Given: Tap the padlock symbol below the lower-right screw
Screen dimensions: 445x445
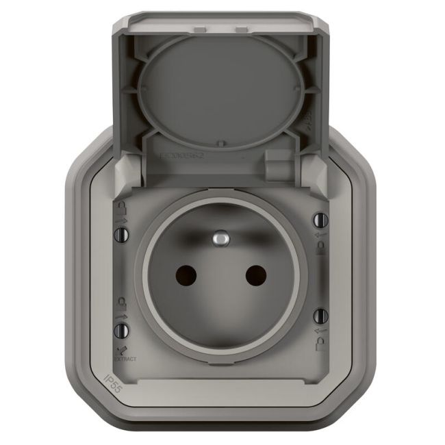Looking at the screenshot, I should (319, 342).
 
